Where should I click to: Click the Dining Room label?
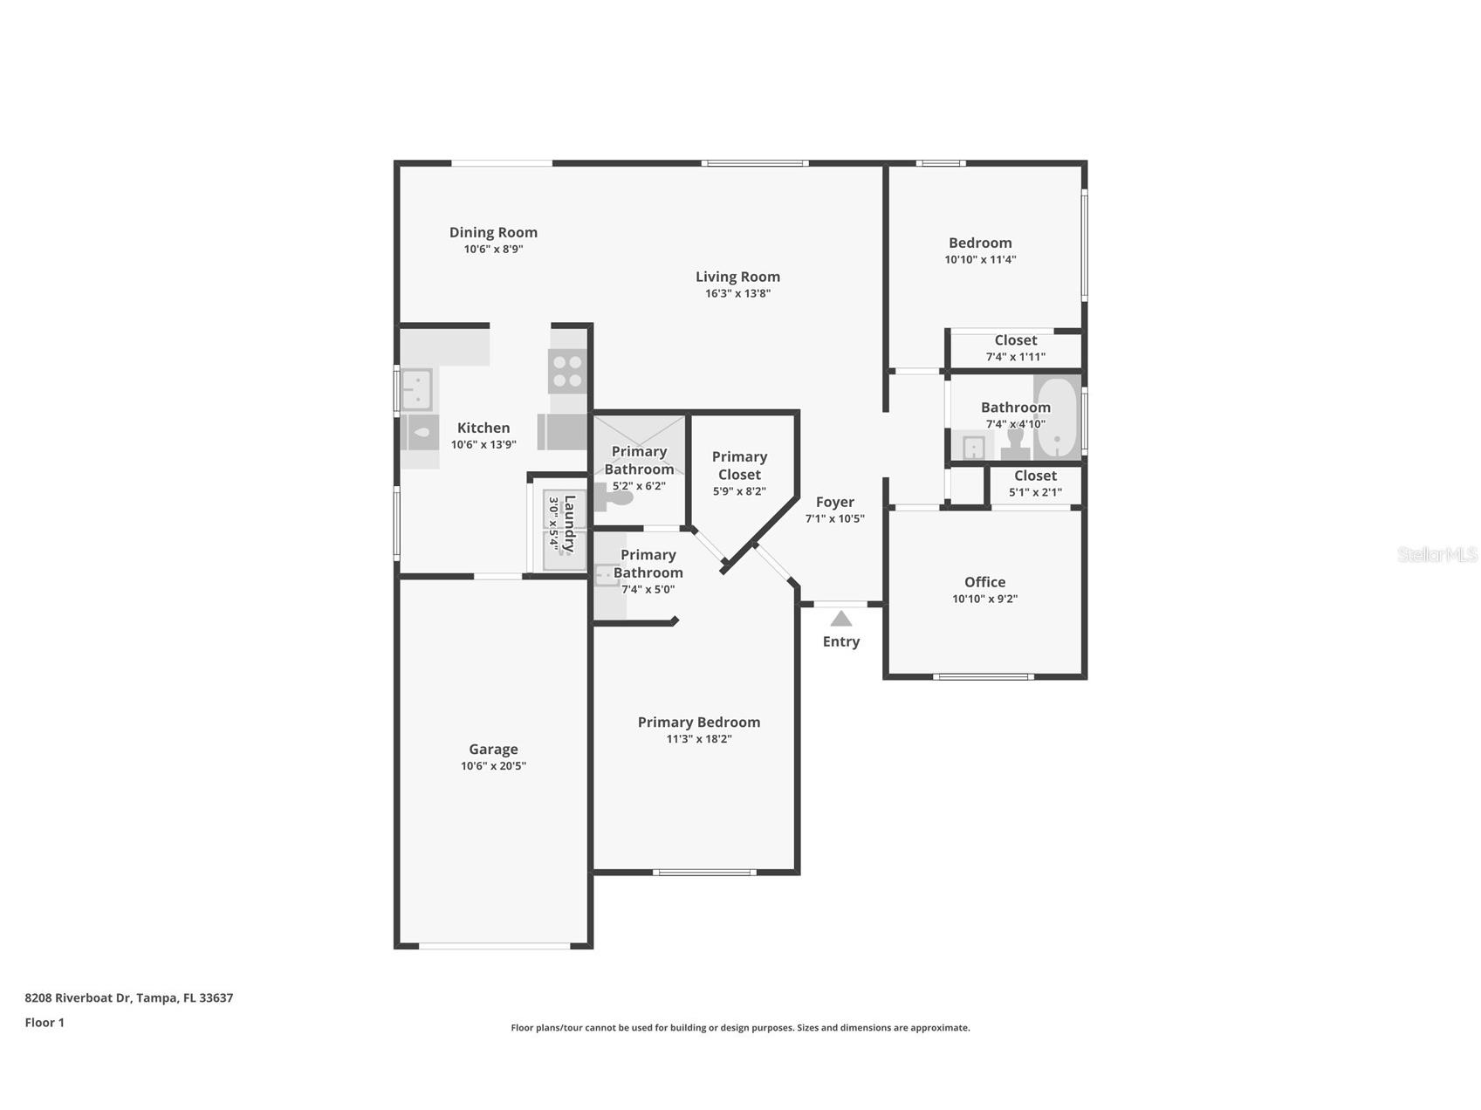click(493, 232)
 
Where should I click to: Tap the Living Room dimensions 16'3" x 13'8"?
click(737, 293)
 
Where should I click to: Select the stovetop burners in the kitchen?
click(567, 371)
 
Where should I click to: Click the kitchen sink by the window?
click(417, 390)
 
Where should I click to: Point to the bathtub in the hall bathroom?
click(1057, 417)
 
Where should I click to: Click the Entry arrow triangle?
click(840, 619)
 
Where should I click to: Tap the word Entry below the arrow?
click(840, 641)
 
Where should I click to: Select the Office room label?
click(984, 582)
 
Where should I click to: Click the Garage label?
click(493, 749)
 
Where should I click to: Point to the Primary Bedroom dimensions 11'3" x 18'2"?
click(698, 739)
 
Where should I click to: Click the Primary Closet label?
click(739, 465)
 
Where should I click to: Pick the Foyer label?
click(834, 502)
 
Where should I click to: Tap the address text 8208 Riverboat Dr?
click(79, 997)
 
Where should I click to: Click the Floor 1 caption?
click(45, 1023)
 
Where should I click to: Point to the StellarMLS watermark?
click(1437, 554)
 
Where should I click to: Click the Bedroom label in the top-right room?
click(980, 243)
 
